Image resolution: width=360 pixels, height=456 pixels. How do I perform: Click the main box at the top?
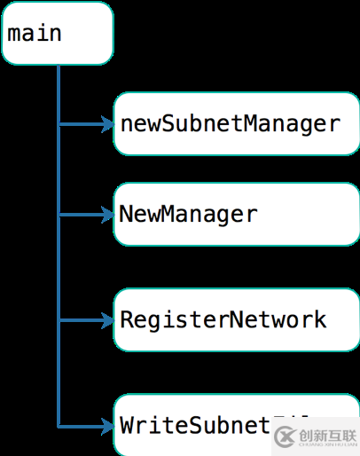[x=58, y=34]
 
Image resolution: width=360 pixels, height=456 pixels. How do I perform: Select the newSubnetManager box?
[x=235, y=123]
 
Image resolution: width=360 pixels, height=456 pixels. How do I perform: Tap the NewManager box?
[x=235, y=214]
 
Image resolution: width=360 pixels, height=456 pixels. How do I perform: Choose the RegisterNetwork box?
[x=235, y=319]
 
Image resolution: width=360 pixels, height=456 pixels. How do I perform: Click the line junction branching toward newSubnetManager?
[x=59, y=124]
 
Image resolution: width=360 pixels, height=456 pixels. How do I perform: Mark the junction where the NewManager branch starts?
[x=59, y=215]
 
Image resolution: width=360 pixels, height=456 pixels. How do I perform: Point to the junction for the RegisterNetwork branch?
[x=59, y=319]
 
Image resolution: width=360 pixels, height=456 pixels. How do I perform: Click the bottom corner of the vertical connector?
[x=59, y=425]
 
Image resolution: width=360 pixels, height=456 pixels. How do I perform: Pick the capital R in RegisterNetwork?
[x=127, y=319]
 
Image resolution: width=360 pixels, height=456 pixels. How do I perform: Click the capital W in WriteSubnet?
[x=127, y=425]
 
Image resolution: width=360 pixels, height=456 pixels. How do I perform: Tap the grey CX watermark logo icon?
[x=285, y=436]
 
